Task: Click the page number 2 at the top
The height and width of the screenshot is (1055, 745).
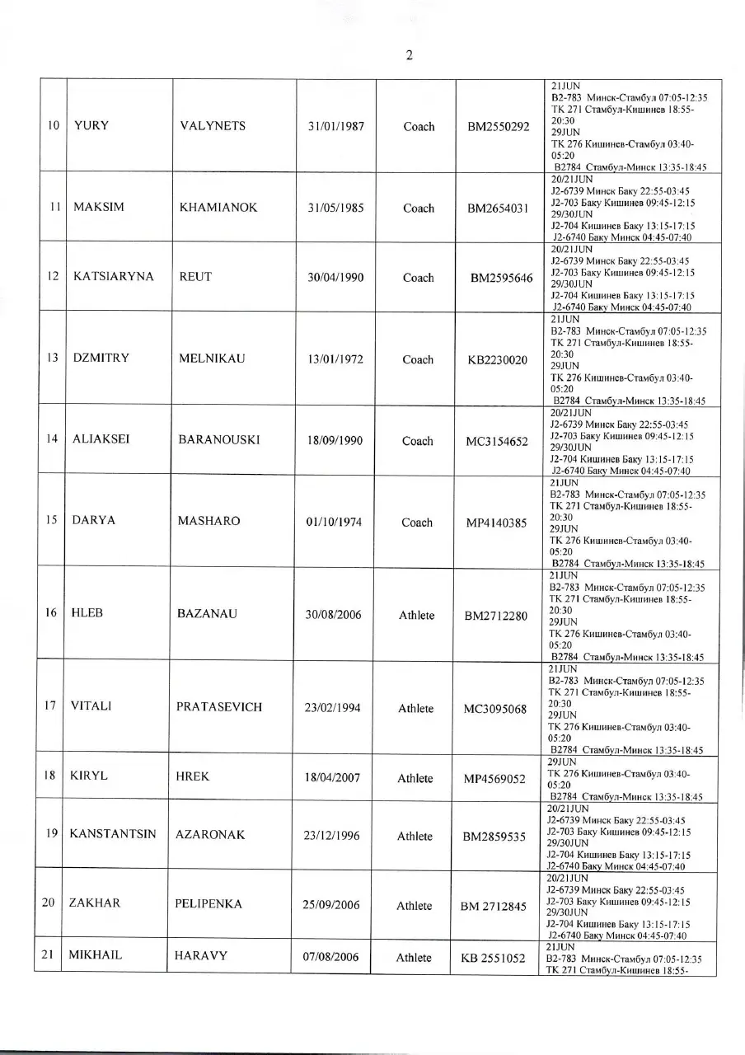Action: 409,56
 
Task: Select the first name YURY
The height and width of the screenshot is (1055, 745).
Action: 91,126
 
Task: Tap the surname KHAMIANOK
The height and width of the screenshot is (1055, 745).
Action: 218,208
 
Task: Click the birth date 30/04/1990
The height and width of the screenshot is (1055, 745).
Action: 335,278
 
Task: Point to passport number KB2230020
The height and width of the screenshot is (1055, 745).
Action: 497,360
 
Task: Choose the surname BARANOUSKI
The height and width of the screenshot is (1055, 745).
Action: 218,440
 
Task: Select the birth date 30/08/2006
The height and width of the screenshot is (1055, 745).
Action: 331,615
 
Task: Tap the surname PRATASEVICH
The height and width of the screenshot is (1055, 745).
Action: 219,707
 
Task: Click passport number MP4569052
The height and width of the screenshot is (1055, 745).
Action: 494,779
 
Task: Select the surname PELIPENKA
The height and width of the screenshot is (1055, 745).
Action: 209,904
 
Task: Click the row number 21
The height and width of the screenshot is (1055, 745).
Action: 48,955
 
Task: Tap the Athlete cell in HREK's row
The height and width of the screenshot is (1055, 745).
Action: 415,778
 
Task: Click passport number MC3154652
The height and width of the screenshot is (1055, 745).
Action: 497,442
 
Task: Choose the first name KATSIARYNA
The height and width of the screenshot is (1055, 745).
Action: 114,277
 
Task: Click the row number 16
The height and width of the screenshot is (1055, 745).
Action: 51,613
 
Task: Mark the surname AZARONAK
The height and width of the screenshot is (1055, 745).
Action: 210,835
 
